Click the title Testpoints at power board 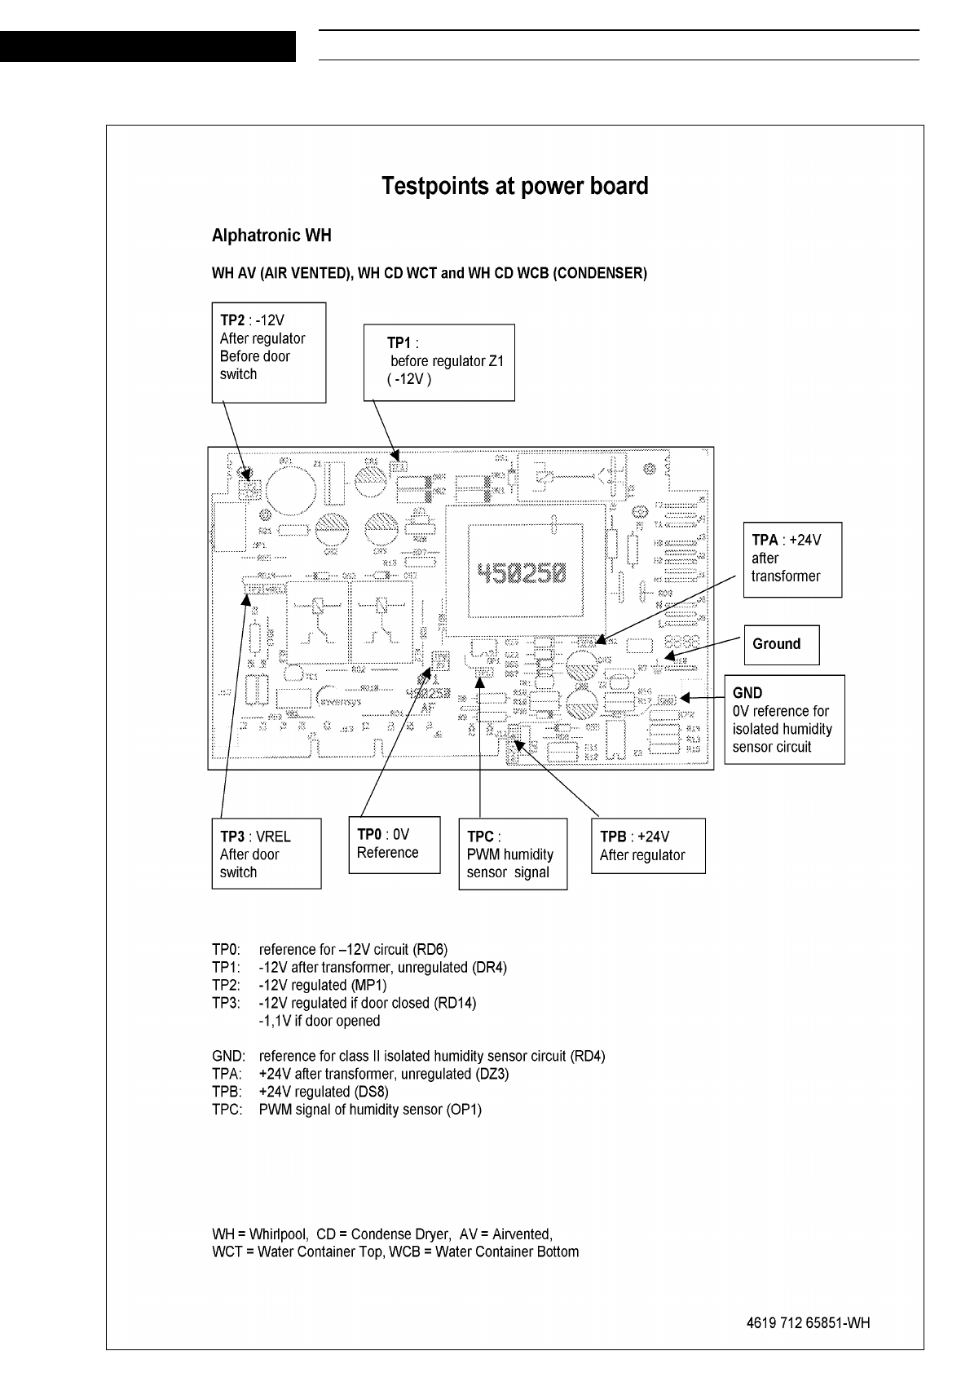[x=515, y=187]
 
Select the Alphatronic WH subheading [x=271, y=236]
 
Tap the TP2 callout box [x=268, y=352]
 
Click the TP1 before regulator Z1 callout [x=439, y=362]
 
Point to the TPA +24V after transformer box [x=791, y=559]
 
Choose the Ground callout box [x=781, y=644]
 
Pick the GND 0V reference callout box [x=784, y=719]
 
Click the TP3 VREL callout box [x=266, y=854]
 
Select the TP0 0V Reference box [x=394, y=844]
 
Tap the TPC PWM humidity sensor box [x=513, y=854]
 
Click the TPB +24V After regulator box [x=647, y=846]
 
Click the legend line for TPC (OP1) [x=346, y=1110]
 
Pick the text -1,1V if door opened [x=319, y=1021]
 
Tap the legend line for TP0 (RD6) [x=329, y=950]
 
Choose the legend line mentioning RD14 [x=344, y=1003]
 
